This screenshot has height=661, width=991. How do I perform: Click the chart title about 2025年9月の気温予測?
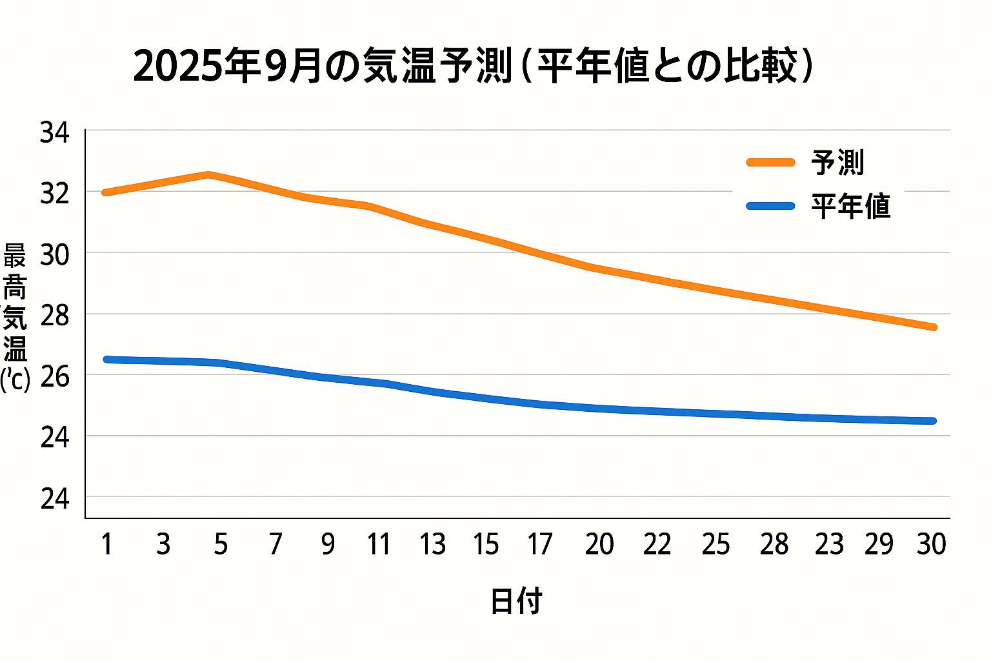[x=474, y=66]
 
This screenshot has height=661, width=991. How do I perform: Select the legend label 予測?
[x=837, y=163]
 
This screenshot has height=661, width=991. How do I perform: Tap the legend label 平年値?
[x=850, y=207]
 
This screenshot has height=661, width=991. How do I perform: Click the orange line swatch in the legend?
[x=770, y=163]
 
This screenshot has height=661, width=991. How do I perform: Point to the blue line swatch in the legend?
[x=770, y=207]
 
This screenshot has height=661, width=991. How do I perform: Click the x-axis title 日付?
[x=516, y=601]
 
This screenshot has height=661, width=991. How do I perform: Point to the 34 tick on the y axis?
[x=54, y=133]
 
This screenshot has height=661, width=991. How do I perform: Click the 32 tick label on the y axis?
[x=54, y=193]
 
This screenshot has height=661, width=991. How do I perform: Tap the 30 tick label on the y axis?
[x=54, y=256]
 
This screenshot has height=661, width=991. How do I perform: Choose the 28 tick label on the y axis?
[x=54, y=316]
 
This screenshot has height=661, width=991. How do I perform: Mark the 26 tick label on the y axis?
[x=54, y=377]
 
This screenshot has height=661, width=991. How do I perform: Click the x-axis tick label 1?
[x=107, y=544]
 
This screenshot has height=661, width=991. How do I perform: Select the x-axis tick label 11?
[x=379, y=544]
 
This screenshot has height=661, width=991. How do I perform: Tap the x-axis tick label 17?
[x=539, y=544]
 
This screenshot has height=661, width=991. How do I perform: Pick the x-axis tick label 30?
[x=931, y=544]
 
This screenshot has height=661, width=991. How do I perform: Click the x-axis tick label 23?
[x=829, y=544]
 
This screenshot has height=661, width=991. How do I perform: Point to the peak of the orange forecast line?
[x=208, y=174]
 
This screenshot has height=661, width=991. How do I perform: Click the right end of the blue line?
[x=933, y=421]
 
